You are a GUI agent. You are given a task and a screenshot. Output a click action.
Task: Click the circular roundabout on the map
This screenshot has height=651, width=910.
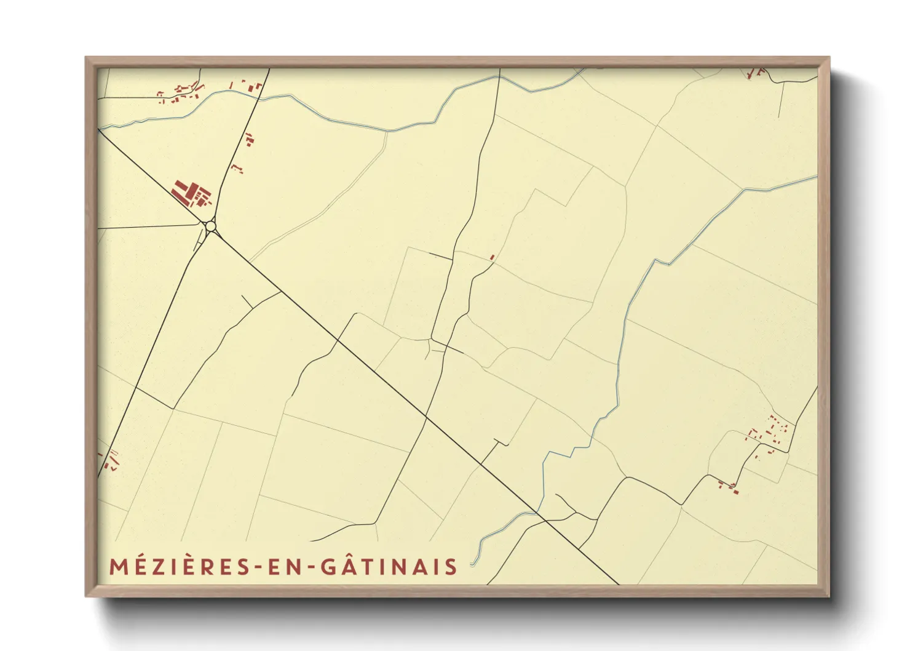pos(211,227)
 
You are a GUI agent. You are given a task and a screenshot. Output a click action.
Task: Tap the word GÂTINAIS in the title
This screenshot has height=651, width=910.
pos(388,567)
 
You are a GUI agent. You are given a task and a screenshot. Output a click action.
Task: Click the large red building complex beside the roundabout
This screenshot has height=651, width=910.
pos(189,193)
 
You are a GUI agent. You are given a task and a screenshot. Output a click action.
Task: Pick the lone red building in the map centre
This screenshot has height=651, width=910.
pos(492,257)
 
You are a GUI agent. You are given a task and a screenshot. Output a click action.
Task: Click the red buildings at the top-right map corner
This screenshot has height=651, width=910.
pos(755,73)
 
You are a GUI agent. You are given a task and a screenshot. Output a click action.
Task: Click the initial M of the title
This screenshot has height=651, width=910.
pos(117,567)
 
